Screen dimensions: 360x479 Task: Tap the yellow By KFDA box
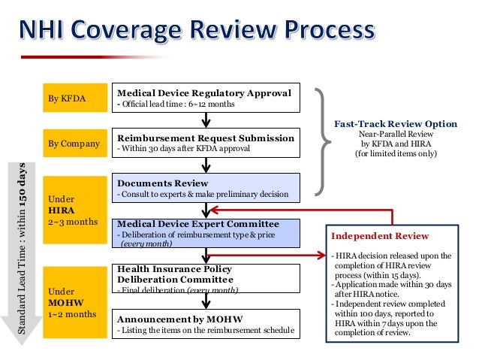(x=72, y=98)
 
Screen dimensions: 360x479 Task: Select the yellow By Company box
(x=72, y=143)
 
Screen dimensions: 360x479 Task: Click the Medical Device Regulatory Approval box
(x=205, y=98)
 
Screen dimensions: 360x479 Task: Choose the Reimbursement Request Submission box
(x=205, y=143)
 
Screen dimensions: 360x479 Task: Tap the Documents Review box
(x=205, y=188)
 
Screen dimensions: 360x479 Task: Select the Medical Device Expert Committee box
(x=205, y=233)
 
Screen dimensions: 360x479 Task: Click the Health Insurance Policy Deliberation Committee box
(x=205, y=278)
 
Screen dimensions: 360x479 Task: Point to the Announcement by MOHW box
(x=205, y=323)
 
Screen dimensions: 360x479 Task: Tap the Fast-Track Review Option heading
(x=394, y=124)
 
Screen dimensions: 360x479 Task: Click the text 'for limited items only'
(x=394, y=154)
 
